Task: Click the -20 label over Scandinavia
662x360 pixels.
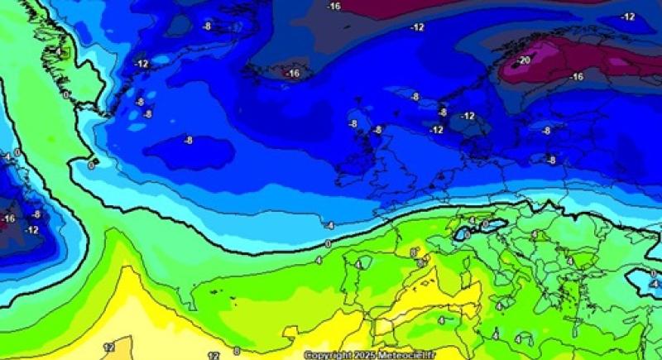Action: [523, 60]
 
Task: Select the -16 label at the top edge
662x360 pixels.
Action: [333, 7]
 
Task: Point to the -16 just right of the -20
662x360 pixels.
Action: [576, 77]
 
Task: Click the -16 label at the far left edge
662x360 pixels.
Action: [8, 218]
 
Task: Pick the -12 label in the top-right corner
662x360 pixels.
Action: [628, 17]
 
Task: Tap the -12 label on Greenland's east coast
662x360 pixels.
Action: [142, 64]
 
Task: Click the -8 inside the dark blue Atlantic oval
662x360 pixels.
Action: [188, 141]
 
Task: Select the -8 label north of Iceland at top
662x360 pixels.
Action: [207, 26]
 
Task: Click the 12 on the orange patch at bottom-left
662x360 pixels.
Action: [108, 347]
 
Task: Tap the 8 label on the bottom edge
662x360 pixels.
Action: [237, 352]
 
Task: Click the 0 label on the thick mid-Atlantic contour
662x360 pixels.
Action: [328, 243]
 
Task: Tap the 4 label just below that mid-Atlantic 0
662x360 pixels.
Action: [318, 260]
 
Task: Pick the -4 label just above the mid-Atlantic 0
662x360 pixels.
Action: [329, 225]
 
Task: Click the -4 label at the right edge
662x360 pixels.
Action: [654, 284]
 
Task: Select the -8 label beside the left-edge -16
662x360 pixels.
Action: [36, 214]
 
